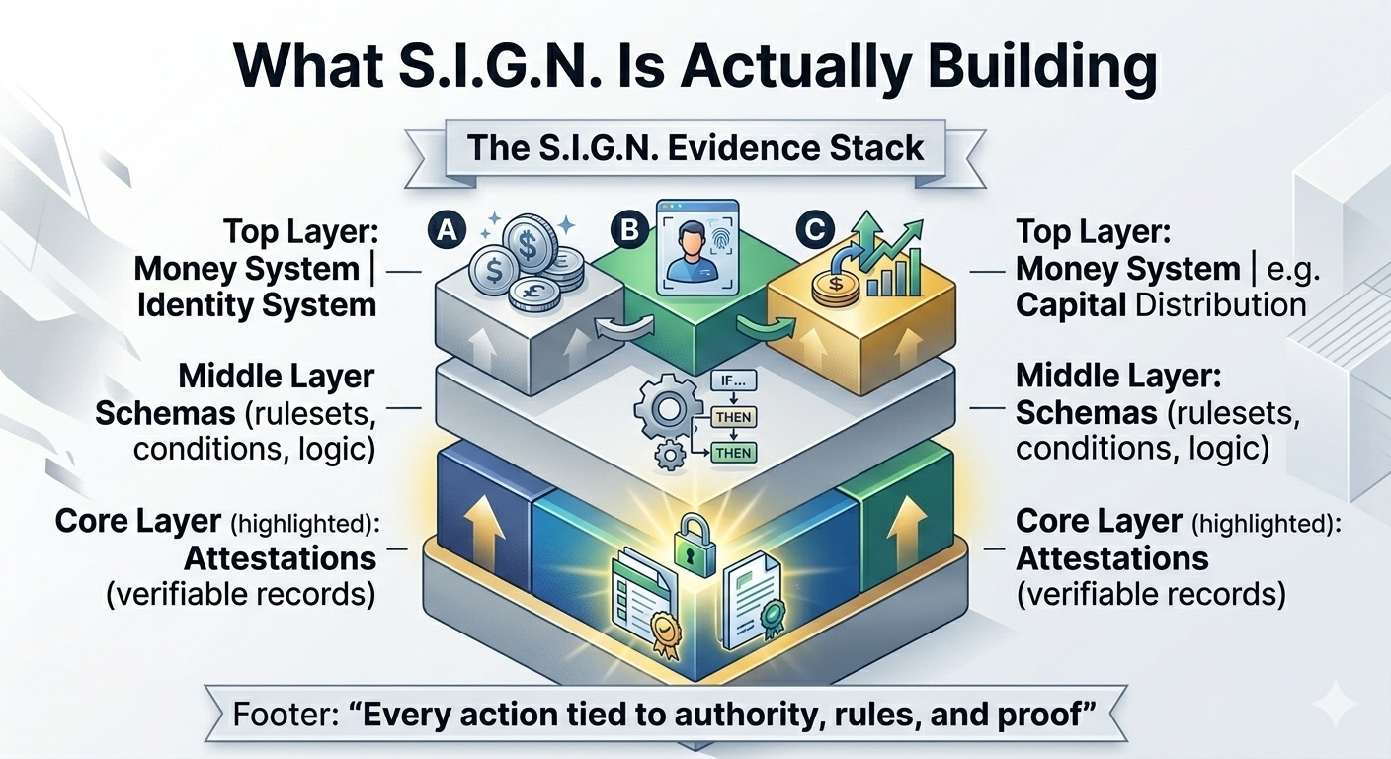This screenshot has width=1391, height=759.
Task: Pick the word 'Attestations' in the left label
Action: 280,558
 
